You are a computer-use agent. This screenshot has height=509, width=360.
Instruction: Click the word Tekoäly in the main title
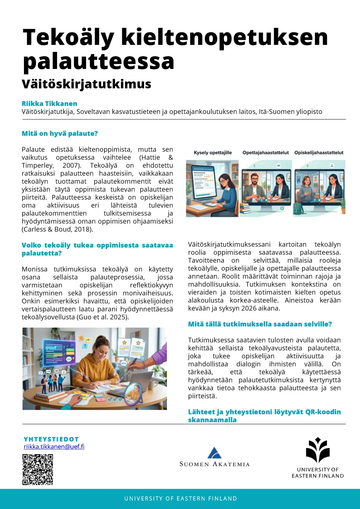click(68, 37)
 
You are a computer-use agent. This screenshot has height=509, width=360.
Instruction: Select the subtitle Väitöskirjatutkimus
click(86, 84)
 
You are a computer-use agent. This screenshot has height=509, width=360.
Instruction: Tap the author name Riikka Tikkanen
click(49, 104)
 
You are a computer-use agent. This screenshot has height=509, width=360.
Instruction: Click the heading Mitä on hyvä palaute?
click(60, 134)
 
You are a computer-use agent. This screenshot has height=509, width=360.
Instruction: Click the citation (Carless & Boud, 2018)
click(57, 229)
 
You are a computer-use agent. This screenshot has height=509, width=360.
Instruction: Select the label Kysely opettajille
click(213, 153)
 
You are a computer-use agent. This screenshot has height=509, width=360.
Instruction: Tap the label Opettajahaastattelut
click(266, 153)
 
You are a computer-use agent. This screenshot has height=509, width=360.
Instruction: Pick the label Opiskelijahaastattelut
click(319, 153)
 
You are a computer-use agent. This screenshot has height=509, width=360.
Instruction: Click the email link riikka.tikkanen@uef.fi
click(54, 447)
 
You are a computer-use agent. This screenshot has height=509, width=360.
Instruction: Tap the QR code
click(38, 469)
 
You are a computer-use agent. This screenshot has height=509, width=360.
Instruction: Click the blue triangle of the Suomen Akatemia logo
click(214, 453)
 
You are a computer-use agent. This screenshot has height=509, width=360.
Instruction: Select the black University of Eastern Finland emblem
click(318, 450)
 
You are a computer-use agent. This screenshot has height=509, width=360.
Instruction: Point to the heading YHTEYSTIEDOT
click(51, 439)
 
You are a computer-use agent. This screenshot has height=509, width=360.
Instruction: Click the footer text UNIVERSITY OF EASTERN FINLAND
click(180, 499)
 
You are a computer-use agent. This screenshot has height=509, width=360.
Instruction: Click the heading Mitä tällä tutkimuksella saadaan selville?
click(260, 324)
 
